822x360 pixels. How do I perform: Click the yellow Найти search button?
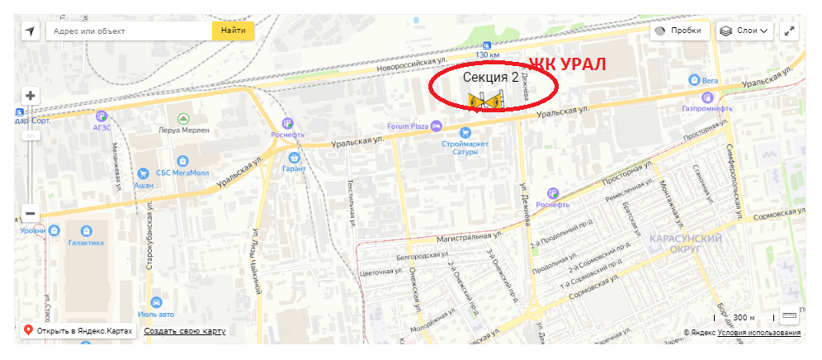(234, 31)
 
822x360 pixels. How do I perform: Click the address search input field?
(129, 31)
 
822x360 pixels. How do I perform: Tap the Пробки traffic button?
(680, 31)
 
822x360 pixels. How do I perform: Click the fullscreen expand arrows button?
(790, 31)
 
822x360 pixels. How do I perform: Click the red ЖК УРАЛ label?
(568, 64)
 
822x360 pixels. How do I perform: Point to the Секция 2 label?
(490, 78)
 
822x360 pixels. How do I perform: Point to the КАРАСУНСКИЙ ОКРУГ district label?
(687, 243)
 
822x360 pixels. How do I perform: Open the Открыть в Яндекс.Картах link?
(83, 331)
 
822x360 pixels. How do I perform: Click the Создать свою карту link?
(184, 331)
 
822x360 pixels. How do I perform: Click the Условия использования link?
(758, 333)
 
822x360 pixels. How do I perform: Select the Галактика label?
(86, 243)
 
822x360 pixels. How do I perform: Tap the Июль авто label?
(157, 314)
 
